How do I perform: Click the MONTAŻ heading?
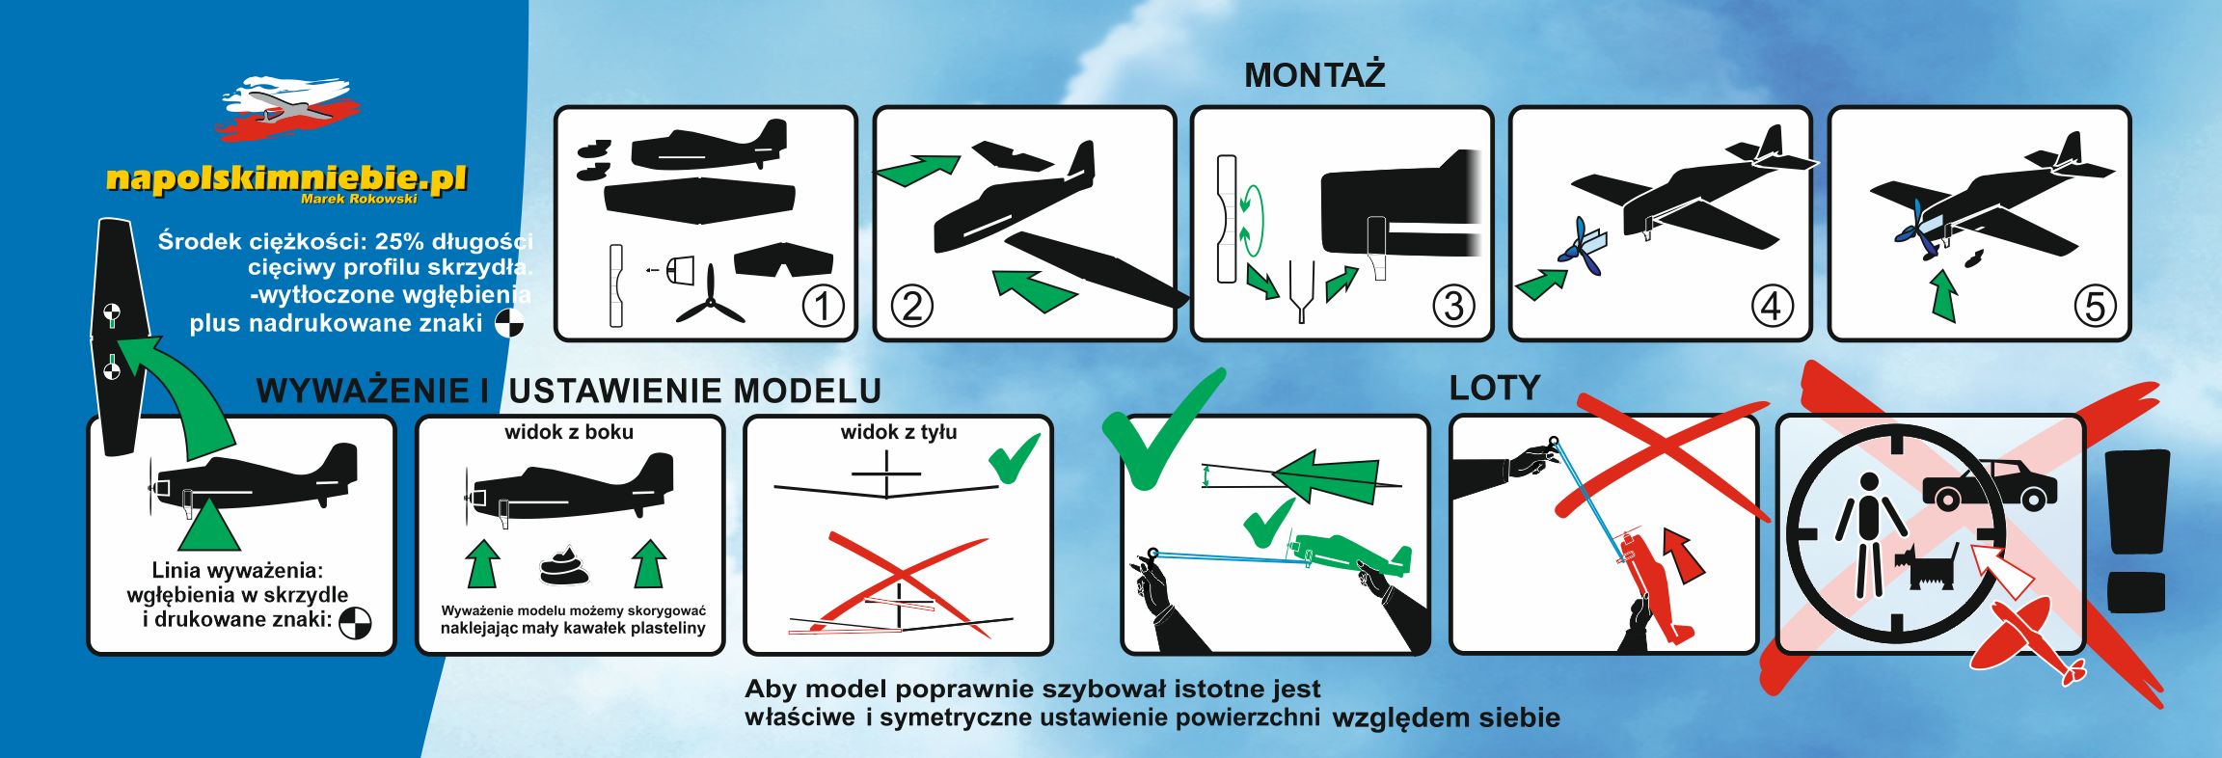1314,75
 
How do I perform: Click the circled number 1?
823,307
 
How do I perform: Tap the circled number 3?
1453,307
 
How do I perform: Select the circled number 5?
2095,307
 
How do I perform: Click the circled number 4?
1772,307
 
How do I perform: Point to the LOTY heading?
1495,388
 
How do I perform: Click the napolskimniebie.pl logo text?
286,178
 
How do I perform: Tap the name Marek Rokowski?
359,199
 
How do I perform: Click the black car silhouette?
1990,485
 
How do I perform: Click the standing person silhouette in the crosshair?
1870,535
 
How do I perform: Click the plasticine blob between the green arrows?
565,566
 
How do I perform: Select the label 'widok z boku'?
569,432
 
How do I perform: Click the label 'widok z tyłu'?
899,432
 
